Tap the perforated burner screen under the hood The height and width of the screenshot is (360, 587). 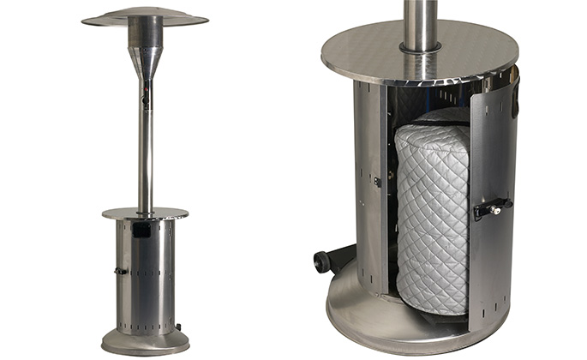(145, 35)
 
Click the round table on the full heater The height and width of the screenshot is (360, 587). (145, 213)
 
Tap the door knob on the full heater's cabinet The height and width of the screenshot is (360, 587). (121, 271)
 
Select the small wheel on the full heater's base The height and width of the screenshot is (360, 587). (179, 326)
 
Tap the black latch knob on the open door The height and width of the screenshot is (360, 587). (495, 208)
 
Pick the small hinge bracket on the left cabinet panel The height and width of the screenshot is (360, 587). (377, 182)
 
